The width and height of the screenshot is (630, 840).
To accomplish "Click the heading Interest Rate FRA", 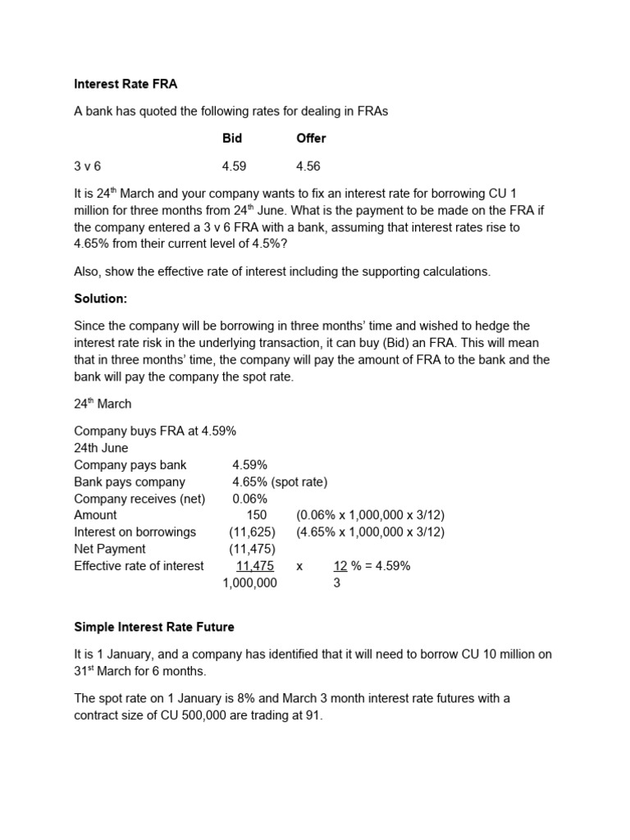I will click(126, 84).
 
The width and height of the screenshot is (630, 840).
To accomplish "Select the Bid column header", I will click(232, 139).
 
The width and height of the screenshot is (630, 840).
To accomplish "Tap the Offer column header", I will click(311, 139).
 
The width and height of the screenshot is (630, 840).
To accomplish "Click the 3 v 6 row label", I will click(88, 167).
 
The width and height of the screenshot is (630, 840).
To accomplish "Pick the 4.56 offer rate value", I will click(308, 167).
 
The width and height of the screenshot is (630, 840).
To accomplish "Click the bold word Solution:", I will click(103, 299).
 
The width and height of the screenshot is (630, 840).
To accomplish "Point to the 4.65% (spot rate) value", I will click(280, 482).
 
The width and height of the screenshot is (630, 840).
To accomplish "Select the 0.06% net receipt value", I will click(249, 499).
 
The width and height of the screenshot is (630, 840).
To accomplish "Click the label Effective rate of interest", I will click(139, 566).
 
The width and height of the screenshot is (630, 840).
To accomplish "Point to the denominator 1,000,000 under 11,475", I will click(250, 583).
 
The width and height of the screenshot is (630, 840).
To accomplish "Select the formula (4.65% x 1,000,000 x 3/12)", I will click(371, 532).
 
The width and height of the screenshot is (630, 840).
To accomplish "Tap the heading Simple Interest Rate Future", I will click(154, 628).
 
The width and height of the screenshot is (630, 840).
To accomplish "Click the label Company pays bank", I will click(130, 465).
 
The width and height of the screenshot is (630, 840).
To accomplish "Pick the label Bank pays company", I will click(130, 482).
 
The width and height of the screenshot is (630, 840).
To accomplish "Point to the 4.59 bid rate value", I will click(235, 167).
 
